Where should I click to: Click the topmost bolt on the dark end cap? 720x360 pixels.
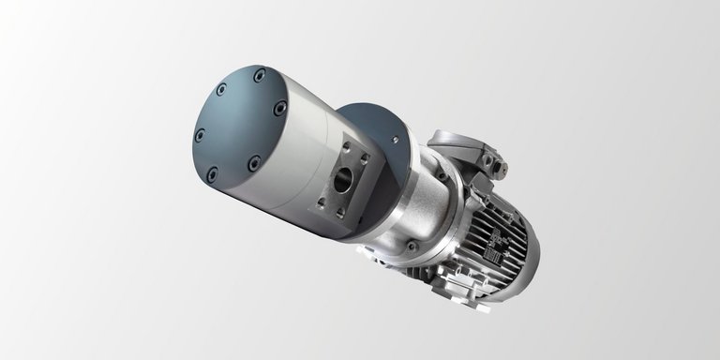(259, 74)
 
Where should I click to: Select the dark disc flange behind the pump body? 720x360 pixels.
(375, 131)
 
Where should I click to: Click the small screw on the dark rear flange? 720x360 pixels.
(395, 141)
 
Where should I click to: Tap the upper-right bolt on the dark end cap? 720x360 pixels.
(279, 109)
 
